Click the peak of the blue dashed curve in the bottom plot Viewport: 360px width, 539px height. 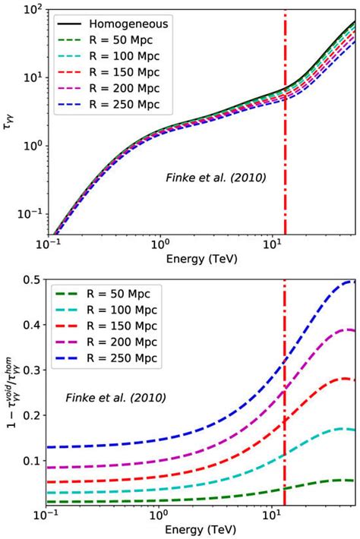coord(351,282)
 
